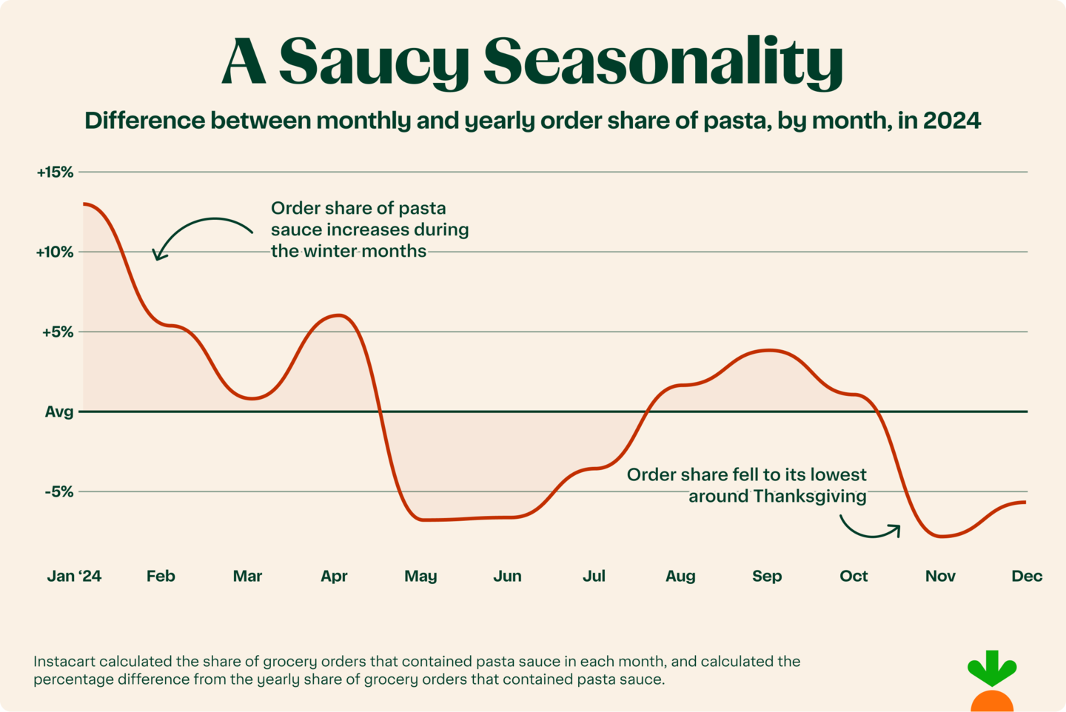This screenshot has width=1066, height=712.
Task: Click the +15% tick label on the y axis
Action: (56, 172)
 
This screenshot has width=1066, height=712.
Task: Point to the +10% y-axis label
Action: (56, 252)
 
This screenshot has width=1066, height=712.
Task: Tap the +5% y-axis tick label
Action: (58, 332)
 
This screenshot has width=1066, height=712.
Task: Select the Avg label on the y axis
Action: (59, 412)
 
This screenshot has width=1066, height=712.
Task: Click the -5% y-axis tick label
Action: (59, 491)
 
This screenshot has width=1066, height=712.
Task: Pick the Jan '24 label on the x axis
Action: (74, 576)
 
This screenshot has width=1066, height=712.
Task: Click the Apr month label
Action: (334, 576)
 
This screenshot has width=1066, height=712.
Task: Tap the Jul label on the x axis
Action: (594, 576)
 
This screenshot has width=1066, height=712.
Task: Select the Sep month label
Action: (767, 576)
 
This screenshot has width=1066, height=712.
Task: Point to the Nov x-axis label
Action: (940, 576)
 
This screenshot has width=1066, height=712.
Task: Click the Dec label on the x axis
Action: (1027, 576)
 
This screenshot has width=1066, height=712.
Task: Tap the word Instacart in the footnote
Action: (64, 661)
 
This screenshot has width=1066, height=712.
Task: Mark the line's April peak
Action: (339, 315)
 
